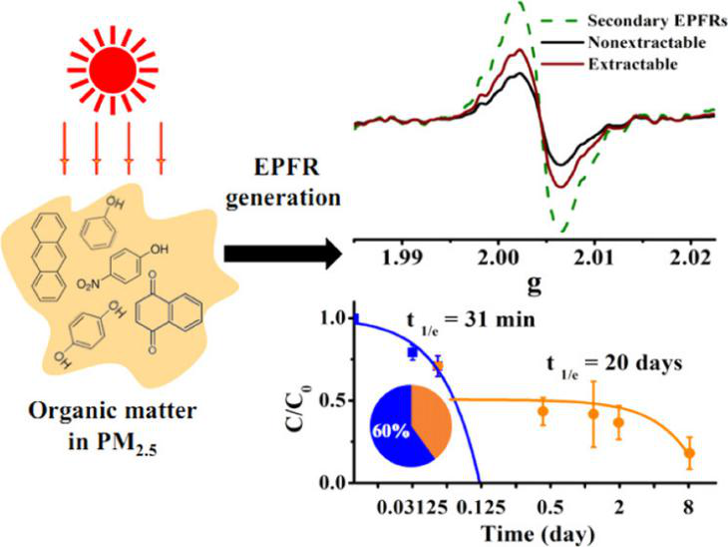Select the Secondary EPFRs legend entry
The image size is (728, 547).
[x=647, y=19]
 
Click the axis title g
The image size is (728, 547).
[x=535, y=284]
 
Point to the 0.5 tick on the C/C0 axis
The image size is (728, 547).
[x=334, y=400]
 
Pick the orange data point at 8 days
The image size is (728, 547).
[x=689, y=453]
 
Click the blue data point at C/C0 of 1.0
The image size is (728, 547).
[x=357, y=319]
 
